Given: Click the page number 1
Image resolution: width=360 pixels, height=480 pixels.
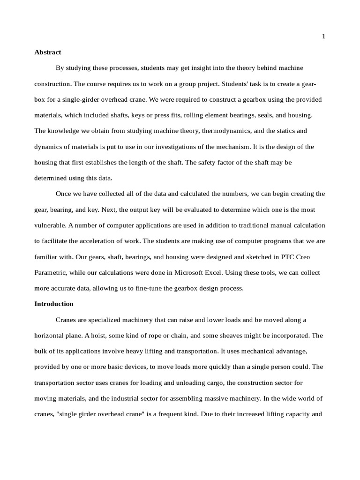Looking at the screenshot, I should pyautogui.click(x=323, y=37).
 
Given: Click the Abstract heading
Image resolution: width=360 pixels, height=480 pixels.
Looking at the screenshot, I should pyautogui.click(x=48, y=52).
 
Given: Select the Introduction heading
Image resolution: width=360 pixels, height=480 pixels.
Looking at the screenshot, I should pyautogui.click(x=54, y=304).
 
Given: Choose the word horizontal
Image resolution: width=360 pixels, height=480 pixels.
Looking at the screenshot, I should pyautogui.click(x=51, y=336).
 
